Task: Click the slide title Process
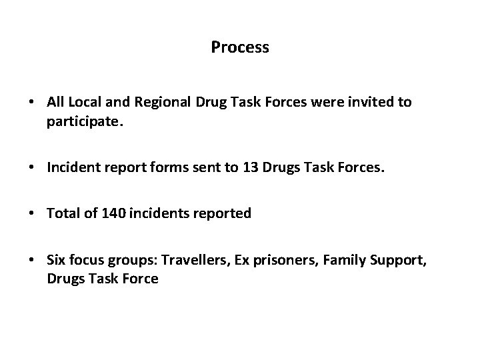click(x=240, y=47)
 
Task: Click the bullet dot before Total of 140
click(x=32, y=214)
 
